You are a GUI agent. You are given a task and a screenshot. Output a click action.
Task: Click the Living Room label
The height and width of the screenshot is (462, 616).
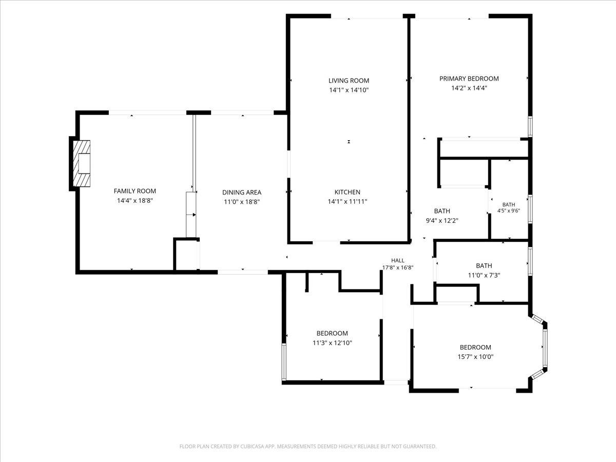pyautogui.click(x=349, y=81)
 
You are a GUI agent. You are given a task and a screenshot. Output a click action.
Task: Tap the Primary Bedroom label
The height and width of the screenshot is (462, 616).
pyautogui.click(x=469, y=79)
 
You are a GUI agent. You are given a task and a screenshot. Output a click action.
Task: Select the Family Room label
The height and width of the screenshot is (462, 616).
pyautogui.click(x=134, y=191)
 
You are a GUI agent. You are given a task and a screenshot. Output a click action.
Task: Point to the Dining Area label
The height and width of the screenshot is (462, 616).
pyautogui.click(x=242, y=192)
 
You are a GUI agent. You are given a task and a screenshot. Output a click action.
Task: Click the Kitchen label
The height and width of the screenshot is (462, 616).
pyautogui.click(x=348, y=192)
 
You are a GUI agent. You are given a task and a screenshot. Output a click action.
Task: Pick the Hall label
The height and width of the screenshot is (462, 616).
pyautogui.click(x=398, y=261)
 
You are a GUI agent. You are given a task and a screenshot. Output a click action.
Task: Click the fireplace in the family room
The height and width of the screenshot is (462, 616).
pyautogui.click(x=82, y=164)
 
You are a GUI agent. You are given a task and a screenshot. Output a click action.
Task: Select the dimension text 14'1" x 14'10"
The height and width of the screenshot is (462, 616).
pyautogui.click(x=349, y=90)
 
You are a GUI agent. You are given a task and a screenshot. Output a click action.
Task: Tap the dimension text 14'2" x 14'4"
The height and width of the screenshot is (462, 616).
pyautogui.click(x=469, y=88)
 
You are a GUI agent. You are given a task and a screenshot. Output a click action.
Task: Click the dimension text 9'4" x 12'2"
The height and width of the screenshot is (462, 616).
pyautogui.click(x=442, y=221)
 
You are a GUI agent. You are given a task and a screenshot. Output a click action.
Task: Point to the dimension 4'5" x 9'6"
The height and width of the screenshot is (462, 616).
pyautogui.click(x=509, y=210)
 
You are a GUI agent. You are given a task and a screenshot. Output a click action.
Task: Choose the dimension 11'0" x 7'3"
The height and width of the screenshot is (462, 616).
pyautogui.click(x=484, y=276)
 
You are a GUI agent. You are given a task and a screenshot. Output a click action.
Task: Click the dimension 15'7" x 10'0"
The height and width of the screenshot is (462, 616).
pyautogui.click(x=475, y=357)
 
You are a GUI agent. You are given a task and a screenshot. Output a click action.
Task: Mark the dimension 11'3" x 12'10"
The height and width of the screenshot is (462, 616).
pyautogui.click(x=332, y=343)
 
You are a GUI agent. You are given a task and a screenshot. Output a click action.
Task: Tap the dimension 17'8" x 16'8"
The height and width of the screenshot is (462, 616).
pyautogui.click(x=398, y=267)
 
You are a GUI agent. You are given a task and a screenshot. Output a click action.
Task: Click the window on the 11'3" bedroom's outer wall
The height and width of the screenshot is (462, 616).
pyautogui.click(x=284, y=362)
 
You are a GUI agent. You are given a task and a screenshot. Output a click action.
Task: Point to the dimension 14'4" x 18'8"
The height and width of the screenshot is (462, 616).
pyautogui.click(x=134, y=201)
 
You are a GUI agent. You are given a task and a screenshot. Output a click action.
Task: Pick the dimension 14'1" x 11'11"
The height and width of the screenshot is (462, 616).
pyautogui.click(x=348, y=202)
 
